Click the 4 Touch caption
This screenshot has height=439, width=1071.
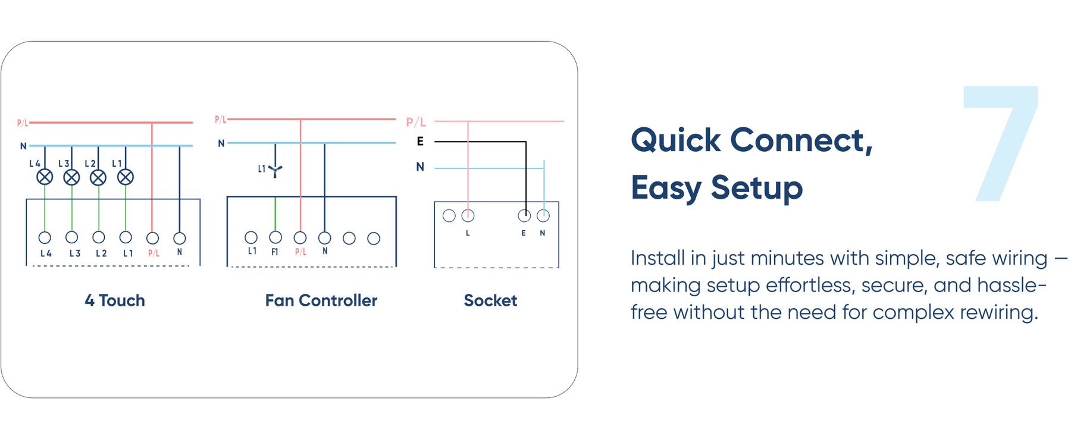pos(115,300)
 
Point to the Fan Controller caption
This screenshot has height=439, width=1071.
pos(321,300)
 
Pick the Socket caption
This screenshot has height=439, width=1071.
pos(490,300)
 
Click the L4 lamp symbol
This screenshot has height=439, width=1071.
pos(45,177)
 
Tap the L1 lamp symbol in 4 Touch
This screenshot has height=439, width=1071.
pos(126,177)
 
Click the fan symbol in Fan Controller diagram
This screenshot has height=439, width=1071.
pos(275,171)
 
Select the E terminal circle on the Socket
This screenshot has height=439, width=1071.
pos(524,215)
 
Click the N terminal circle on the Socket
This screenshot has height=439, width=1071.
pos(543,215)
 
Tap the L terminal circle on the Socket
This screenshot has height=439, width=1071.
pos(468,215)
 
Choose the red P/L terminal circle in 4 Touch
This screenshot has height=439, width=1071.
pos(152,238)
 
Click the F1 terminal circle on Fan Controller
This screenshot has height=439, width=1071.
pos(275,238)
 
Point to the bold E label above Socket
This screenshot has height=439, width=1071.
pos(420,142)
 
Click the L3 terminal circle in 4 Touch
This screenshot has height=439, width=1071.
pos(72,237)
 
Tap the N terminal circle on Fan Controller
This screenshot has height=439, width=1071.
pos(324,238)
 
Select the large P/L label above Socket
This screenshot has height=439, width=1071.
pos(416,122)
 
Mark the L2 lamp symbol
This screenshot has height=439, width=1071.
pos(98,177)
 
